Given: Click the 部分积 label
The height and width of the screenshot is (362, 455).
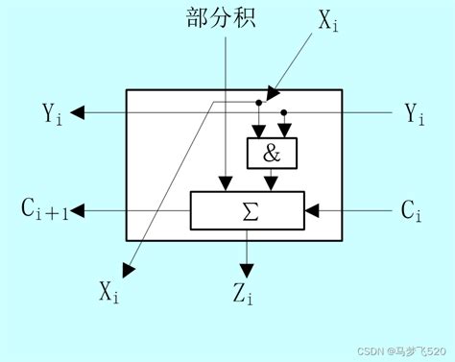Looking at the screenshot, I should point(223,18).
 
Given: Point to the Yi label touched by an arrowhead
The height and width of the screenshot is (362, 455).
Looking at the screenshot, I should point(53,113).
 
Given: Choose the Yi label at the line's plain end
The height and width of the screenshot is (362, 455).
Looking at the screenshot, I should point(415,113).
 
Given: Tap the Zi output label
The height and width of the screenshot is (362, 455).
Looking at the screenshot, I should point(244,295).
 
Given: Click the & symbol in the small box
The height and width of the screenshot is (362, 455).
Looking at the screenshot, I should point(272,153).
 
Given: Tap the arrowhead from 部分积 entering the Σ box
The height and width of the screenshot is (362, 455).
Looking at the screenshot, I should point(225,184).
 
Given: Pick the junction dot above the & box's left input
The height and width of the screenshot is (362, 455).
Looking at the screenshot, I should point(258,103).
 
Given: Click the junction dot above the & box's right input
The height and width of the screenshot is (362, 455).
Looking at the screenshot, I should point(284,112).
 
